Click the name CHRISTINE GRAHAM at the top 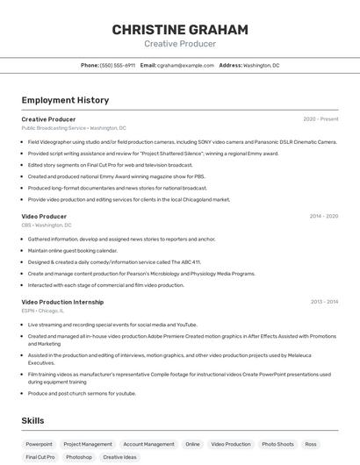pyautogui.click(x=179, y=30)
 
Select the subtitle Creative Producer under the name pyautogui.click(x=179, y=44)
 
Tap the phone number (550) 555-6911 pyautogui.click(x=118, y=65)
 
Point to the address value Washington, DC pyautogui.click(x=261, y=65)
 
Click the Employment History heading pyautogui.click(x=65, y=100)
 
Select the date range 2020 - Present pyautogui.click(x=320, y=119)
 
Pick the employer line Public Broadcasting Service pyautogui.click(x=54, y=128)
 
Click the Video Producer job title pyautogui.click(x=44, y=216)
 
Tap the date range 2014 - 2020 pyautogui.click(x=323, y=216)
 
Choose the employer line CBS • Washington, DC pyautogui.click(x=47, y=225)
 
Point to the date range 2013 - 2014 pyautogui.click(x=324, y=302)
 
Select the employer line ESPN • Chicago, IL pyautogui.click(x=43, y=311)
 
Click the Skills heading pyautogui.click(x=33, y=421)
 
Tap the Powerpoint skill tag pyautogui.click(x=39, y=444)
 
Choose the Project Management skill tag pyautogui.click(x=88, y=444)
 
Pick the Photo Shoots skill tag pyautogui.click(x=277, y=444)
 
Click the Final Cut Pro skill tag pyautogui.click(x=40, y=457)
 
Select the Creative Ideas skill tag pyautogui.click(x=119, y=457)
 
